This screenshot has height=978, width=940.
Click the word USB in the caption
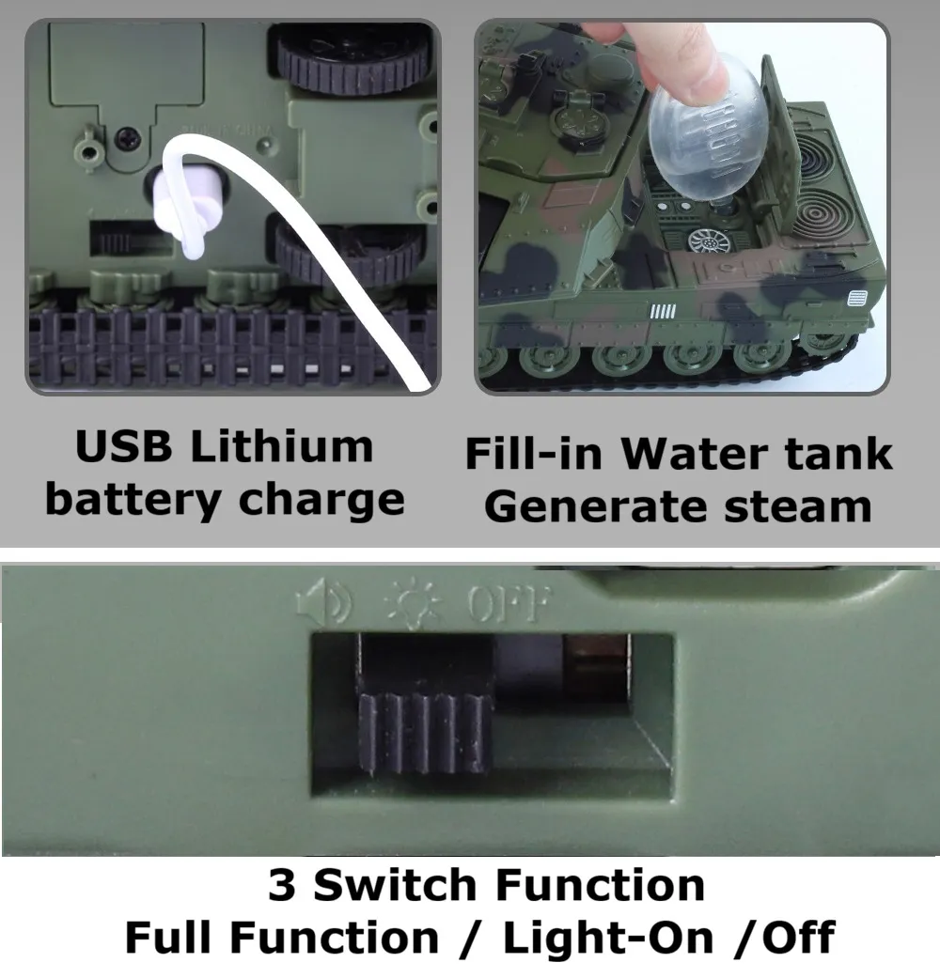pyautogui.click(x=123, y=446)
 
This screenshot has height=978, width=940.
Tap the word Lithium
pyautogui.click(x=281, y=446)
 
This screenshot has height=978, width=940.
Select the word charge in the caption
pyautogui.click(x=321, y=501)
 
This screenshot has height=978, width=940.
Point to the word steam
pyautogui.click(x=798, y=507)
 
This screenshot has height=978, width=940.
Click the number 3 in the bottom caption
pyautogui.click(x=282, y=885)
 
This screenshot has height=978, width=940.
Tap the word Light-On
pyautogui.click(x=608, y=938)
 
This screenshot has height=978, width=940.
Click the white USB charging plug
pyautogui.click(x=186, y=207)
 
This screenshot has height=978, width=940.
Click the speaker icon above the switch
pyautogui.click(x=324, y=602)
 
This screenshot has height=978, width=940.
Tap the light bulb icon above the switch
pyautogui.click(x=412, y=603)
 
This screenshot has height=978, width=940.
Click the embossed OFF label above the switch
pyautogui.click(x=509, y=604)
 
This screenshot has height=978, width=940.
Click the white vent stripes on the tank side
pyautogui.click(x=663, y=311)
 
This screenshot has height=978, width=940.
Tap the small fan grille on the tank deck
pyautogui.click(x=709, y=241)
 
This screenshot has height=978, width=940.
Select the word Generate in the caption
pyautogui.click(x=595, y=507)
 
